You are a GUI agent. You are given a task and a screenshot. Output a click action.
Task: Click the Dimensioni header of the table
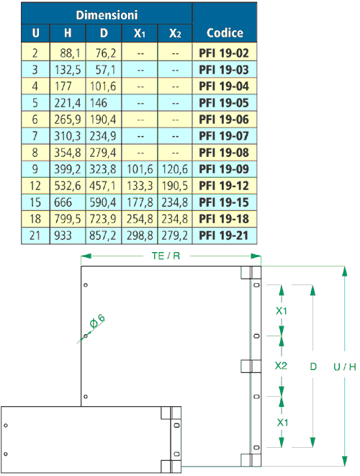(107, 15)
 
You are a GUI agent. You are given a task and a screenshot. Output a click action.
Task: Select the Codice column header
(225, 33)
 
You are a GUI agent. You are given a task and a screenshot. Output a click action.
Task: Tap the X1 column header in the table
(140, 33)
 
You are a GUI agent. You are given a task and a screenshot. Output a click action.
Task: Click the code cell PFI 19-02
(224, 53)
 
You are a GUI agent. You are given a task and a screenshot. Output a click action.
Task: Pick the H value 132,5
(68, 70)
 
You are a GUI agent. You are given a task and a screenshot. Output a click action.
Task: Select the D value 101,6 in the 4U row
(103, 86)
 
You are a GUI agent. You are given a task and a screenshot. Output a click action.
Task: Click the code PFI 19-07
(224, 135)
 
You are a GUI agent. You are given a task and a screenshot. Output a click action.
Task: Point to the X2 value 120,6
(174, 169)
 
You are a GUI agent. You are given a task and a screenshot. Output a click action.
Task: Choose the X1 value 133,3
(140, 186)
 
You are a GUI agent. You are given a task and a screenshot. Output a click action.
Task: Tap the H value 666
(63, 202)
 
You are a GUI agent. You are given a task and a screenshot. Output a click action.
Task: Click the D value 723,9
(102, 219)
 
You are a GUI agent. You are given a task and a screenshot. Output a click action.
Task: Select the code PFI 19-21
(224, 235)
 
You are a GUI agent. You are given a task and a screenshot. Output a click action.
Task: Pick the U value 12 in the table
(35, 186)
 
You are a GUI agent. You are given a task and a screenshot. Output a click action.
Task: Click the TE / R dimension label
(166, 256)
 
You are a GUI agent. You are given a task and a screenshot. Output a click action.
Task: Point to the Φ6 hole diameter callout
(97, 321)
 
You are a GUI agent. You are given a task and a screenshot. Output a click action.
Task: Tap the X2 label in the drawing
(281, 366)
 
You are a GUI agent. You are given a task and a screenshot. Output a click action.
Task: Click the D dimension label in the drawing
(313, 367)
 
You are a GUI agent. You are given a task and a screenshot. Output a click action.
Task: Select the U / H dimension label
(344, 367)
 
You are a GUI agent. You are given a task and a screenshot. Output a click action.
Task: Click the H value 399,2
(68, 169)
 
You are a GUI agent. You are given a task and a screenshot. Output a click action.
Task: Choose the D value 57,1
(105, 70)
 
